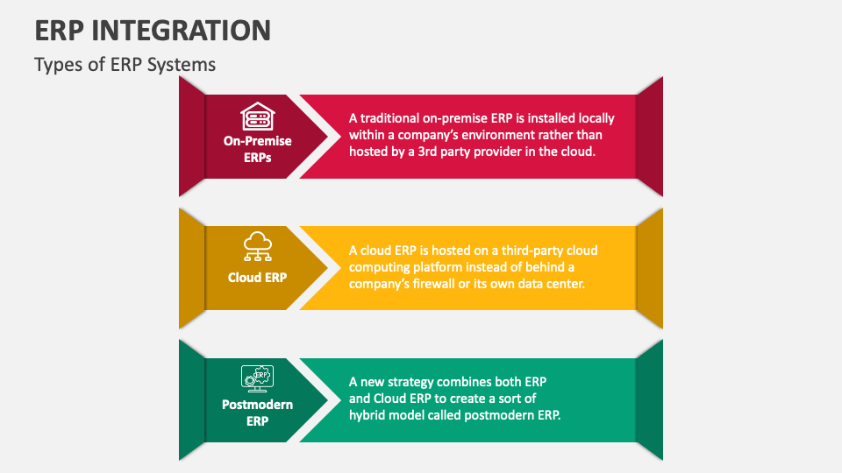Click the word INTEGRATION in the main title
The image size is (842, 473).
182,30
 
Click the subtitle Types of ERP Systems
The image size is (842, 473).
125,64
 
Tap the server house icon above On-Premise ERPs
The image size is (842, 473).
258,116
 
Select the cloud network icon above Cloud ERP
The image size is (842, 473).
258,247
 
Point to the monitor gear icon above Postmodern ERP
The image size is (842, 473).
257,378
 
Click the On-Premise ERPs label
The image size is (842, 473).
258,149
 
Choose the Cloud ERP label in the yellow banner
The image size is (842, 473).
257,278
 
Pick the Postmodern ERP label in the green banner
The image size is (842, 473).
257,413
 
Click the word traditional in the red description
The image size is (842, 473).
389,118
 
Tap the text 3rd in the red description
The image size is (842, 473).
427,152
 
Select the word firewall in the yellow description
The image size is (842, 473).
433,283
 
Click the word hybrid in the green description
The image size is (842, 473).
367,415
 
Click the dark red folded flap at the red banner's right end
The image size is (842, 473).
650,137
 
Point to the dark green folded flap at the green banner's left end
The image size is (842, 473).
192,400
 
